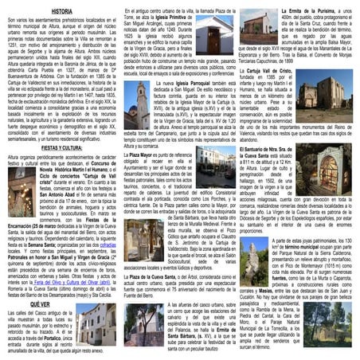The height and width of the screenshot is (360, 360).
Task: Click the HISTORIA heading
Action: [61, 11]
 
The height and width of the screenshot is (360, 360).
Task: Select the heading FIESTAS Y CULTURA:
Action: [61, 148]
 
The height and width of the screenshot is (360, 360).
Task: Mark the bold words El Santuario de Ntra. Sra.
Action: [270, 149]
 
